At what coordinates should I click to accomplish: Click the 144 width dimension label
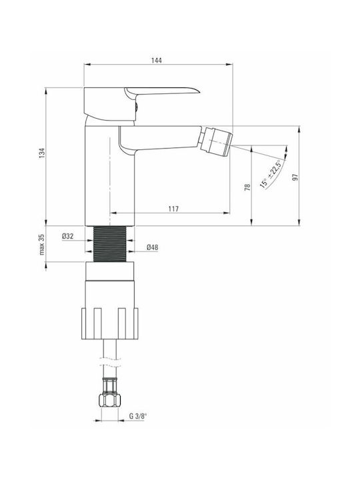coord(156,60)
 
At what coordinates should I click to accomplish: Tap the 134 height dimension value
coord(42,153)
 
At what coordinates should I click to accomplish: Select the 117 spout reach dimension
coord(173,209)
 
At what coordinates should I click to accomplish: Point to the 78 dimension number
coord(247,187)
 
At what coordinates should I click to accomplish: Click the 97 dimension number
coord(295,177)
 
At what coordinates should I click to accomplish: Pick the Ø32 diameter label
coord(67,236)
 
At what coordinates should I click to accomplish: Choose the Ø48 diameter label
coord(153,247)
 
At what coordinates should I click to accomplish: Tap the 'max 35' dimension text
coord(42,244)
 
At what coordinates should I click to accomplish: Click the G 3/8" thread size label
coord(138,416)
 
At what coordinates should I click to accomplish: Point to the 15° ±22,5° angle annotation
coord(270,173)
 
